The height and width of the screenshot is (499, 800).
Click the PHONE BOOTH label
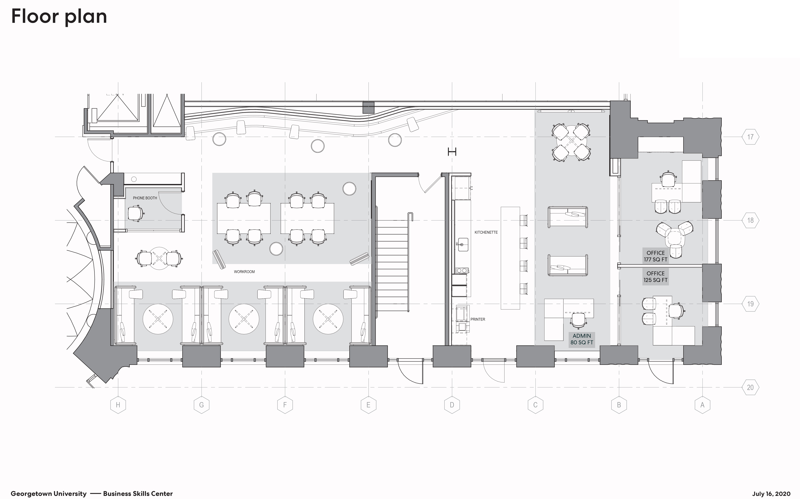point(145,198)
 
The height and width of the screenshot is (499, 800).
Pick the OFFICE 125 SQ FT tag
point(656,277)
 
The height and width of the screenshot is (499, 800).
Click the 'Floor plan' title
point(59,16)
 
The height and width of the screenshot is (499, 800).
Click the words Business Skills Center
point(138,494)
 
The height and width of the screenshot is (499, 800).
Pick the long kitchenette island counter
point(510,258)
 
